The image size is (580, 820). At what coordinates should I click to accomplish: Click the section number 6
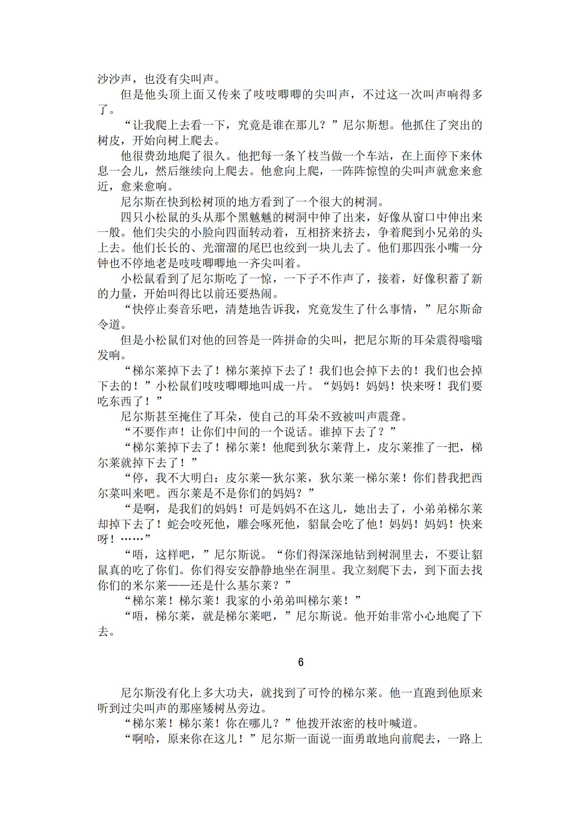(x=301, y=663)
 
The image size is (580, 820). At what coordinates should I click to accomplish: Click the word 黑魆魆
(x=255, y=217)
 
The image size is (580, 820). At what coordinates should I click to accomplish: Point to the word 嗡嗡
(x=471, y=340)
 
